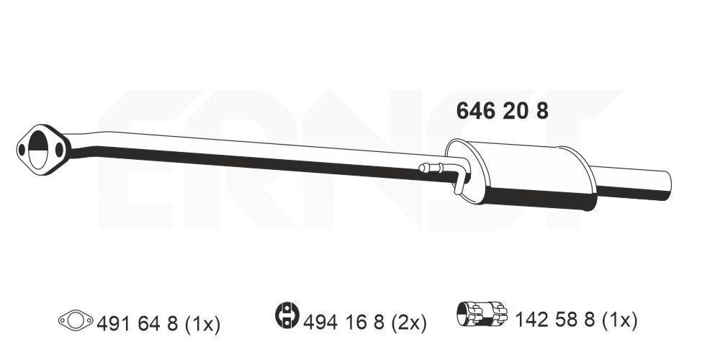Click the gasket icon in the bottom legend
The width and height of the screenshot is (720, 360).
pos(76,319)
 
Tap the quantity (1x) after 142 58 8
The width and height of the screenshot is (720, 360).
pos(620,318)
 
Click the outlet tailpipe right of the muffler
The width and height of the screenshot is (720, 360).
pos(630,184)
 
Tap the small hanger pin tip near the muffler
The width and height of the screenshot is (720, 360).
pos(422,169)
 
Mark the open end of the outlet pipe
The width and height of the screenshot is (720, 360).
pos(665,185)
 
